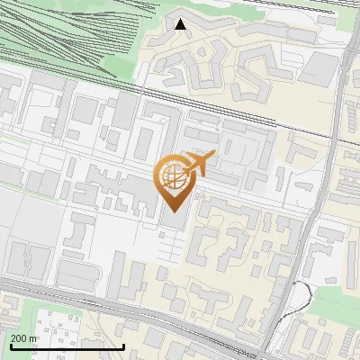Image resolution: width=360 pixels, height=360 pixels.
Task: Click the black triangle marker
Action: pos(181,24)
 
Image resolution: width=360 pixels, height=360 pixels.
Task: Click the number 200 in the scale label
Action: pos(20,338)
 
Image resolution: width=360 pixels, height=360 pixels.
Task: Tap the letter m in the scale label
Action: pos(34,338)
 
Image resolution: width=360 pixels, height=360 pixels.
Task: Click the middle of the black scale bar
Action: pos(67,346)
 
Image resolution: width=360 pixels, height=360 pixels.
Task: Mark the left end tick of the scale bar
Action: pos(10,345)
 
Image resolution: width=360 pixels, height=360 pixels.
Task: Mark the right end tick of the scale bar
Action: pos(123,345)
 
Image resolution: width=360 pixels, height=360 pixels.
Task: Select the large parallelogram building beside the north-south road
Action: pos(320,67)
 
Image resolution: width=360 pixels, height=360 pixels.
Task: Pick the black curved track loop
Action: pos(306,292)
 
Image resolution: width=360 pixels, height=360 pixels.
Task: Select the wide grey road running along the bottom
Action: pos(135,310)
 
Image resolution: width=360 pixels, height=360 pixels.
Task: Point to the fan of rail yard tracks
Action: pos(72,36)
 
